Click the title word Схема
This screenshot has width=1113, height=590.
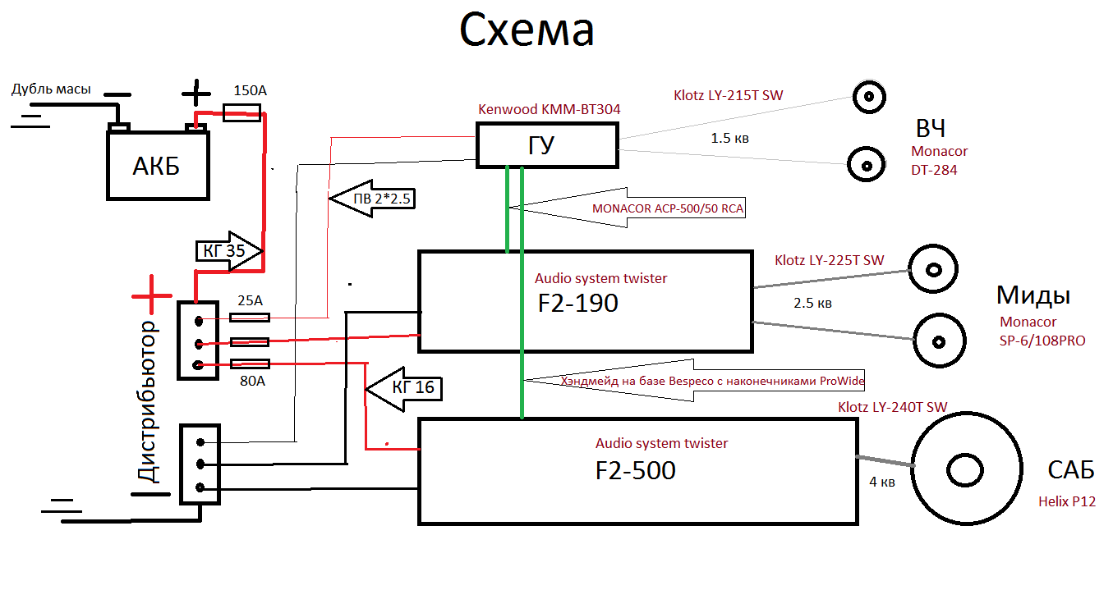[x=527, y=32]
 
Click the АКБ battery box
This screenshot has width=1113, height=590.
[x=156, y=166]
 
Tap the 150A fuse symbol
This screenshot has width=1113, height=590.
[x=244, y=117]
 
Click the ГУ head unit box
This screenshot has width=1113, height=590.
[x=545, y=145]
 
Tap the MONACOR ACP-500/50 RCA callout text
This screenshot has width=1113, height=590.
[x=668, y=208]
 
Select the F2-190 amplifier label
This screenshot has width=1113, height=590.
[x=577, y=303]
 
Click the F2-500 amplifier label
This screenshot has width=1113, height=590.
[x=635, y=470]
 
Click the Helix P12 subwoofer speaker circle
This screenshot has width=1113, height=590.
[x=970, y=470]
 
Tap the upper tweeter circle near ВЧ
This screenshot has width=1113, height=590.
[x=868, y=98]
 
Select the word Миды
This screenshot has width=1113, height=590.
[x=1033, y=295]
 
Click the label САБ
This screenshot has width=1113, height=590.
[x=1070, y=470]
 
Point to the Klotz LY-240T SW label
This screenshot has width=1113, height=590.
[x=893, y=407]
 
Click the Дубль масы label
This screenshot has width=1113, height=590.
[x=51, y=89]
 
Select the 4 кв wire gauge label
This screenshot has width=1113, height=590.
[x=881, y=483]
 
